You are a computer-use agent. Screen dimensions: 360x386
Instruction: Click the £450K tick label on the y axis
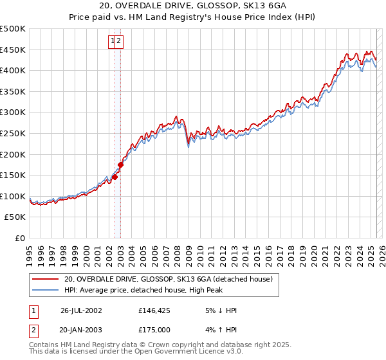13,50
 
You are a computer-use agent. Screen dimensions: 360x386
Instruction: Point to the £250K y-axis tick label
13,133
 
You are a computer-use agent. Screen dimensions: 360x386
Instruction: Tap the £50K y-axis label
15,217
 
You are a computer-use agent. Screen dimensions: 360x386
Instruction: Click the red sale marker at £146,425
115,177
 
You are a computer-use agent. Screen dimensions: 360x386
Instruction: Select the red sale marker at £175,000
120,165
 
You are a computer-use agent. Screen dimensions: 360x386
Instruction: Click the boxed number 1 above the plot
113,41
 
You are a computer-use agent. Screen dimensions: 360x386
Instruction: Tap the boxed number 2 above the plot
120,41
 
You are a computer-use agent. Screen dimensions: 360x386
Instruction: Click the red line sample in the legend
46,279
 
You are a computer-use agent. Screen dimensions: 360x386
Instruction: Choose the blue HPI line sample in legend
46,290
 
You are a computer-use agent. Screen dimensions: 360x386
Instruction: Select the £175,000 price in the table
155,329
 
